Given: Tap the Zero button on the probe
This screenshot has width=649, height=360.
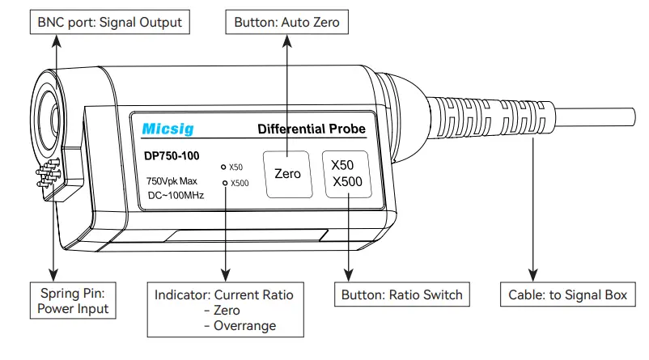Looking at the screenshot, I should pos(287,173).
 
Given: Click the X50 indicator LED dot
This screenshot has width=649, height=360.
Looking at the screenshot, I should pos(225,167).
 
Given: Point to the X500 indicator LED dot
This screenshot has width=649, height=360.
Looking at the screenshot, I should pos(225,184).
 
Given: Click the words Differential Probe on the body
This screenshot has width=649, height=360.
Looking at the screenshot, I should pos(311,129).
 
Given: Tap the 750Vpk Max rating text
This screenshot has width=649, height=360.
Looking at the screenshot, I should pos(172,181).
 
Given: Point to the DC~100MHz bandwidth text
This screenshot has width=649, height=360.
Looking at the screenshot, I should pos(176,196).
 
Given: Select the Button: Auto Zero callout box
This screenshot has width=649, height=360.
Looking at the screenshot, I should pos(286,22).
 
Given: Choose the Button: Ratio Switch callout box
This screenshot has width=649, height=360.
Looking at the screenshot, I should pos(401,294).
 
